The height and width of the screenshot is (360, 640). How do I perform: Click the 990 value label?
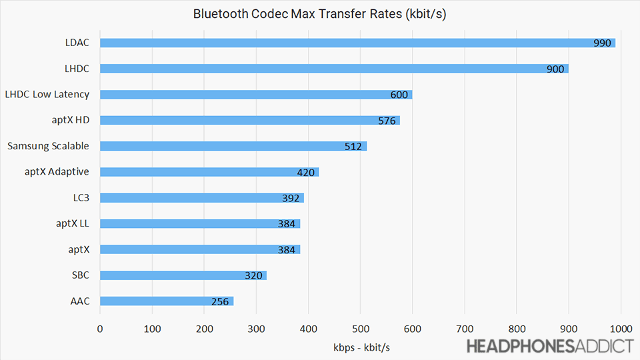(x=602, y=43)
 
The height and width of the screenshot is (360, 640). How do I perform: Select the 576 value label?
(x=387, y=121)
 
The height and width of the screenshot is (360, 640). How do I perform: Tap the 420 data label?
(x=306, y=172)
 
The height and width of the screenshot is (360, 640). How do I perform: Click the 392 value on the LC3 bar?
(x=291, y=198)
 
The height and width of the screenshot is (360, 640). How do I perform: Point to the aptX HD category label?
(x=72, y=120)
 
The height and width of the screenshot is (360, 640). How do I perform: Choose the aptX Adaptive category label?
(x=57, y=171)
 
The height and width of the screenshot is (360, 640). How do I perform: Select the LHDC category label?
(x=77, y=68)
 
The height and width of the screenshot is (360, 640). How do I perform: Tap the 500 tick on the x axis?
(x=360, y=328)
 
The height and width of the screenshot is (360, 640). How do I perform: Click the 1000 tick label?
(x=620, y=328)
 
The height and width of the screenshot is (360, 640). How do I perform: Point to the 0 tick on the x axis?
(x=100, y=328)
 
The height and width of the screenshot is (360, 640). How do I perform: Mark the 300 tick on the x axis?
(x=256, y=328)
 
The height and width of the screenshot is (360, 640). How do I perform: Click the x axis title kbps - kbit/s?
(x=360, y=347)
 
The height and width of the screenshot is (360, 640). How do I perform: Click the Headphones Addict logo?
(x=549, y=346)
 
